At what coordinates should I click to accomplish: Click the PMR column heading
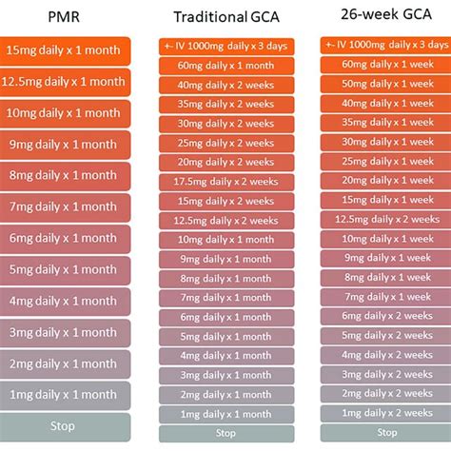[64, 17]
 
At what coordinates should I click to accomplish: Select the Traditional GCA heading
[226, 17]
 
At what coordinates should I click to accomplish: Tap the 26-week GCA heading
[386, 14]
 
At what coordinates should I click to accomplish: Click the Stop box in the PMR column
[65, 427]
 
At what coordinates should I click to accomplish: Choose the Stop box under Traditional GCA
[226, 434]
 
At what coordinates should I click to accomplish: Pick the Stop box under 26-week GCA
[385, 433]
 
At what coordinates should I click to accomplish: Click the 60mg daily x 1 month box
[226, 66]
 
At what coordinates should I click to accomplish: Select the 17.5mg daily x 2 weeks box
[226, 182]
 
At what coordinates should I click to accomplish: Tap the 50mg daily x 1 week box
[385, 84]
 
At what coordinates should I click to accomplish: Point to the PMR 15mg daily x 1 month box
[65, 51]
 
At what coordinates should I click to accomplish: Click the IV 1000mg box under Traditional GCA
[226, 47]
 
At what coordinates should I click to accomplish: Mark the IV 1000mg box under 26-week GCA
[385, 46]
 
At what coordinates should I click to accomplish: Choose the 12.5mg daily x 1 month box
[65, 82]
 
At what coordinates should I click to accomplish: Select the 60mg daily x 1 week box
[385, 65]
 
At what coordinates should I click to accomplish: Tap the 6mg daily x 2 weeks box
[385, 316]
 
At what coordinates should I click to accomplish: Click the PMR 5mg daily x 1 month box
[65, 270]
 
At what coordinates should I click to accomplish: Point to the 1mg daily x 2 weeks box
[385, 413]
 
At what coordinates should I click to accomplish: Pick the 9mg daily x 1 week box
[385, 258]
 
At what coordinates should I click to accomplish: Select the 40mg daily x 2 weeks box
[226, 85]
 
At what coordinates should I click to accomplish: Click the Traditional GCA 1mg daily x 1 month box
[226, 414]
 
